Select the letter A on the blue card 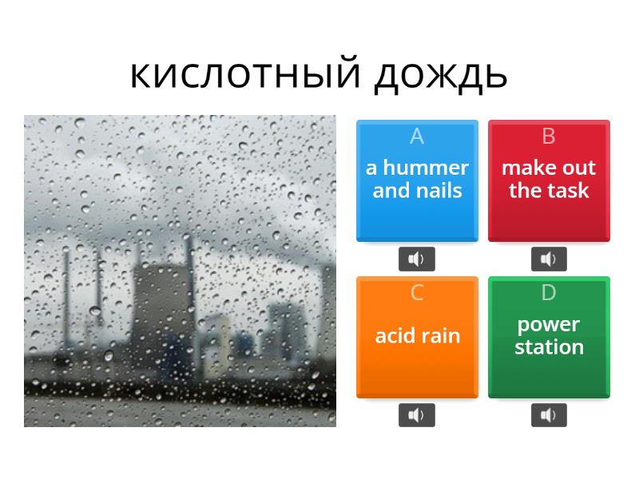click(416, 137)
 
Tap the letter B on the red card click(549, 137)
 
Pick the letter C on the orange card click(416, 293)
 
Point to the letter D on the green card click(549, 293)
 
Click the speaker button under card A click(417, 259)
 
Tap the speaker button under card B click(549, 259)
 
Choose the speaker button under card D click(549, 415)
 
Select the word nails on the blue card click(439, 191)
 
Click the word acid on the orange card click(395, 336)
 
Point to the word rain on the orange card click(440, 336)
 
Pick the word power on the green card click(549, 325)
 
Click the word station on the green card click(549, 347)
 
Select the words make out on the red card click(549, 168)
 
